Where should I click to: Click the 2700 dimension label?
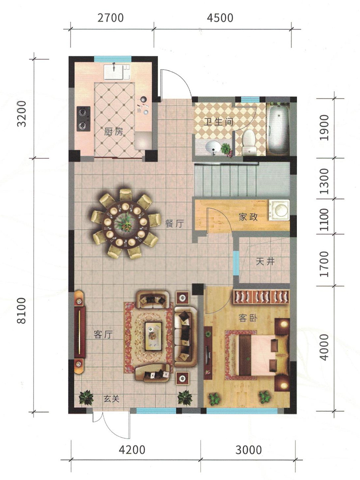[x=111, y=18]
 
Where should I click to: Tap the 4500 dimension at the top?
[x=220, y=18]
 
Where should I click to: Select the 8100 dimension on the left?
[x=22, y=310]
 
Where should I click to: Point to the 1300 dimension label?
[x=324, y=182]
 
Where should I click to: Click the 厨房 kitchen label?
[x=114, y=132]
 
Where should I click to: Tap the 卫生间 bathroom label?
[x=218, y=122]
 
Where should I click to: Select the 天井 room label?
[x=265, y=262]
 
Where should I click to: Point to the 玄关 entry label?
[x=112, y=399]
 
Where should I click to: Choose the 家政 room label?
[x=248, y=217]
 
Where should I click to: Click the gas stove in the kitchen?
[x=84, y=119]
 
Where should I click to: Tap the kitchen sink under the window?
[x=117, y=72]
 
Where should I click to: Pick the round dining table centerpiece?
[x=125, y=224]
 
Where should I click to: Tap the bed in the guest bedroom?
[x=264, y=348]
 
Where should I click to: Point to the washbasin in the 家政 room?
[x=279, y=209]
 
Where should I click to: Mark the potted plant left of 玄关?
[x=86, y=397]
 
